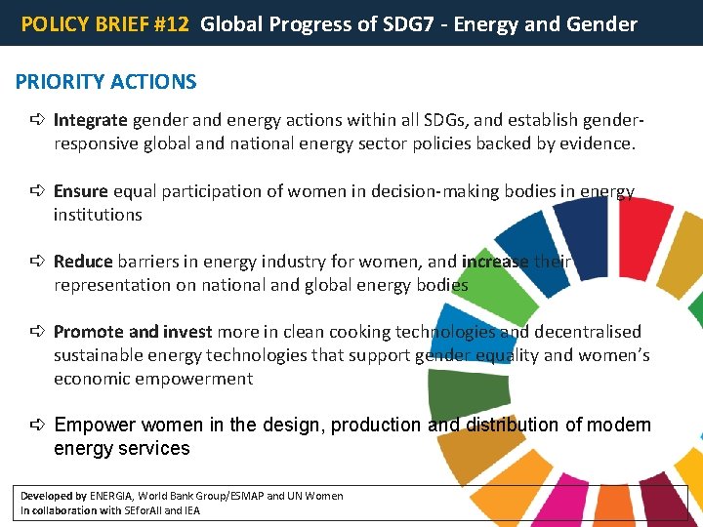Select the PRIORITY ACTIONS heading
[x=106, y=82]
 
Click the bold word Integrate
[x=90, y=121]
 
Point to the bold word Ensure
[x=81, y=191]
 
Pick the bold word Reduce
[x=83, y=262]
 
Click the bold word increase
[x=495, y=262]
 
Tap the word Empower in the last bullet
[x=96, y=426]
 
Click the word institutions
[x=98, y=215]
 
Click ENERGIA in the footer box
[x=111, y=496]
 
